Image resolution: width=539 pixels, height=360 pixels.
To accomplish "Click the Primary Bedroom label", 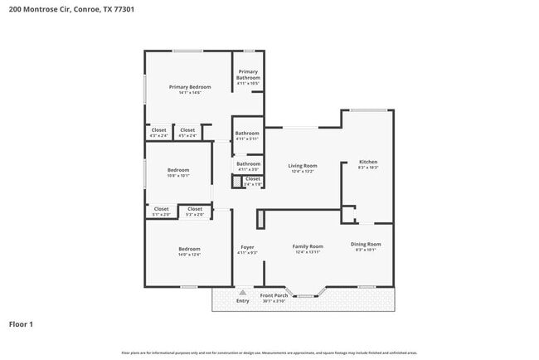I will click(190, 87).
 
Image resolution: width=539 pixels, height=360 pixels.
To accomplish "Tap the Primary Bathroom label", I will click(248, 75).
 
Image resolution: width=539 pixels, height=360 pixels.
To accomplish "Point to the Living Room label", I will click(303, 166).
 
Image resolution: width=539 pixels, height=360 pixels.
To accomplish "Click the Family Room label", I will click(307, 246).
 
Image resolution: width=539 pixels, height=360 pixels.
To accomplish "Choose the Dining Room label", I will click(366, 244).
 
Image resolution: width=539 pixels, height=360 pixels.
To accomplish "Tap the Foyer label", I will click(247, 247).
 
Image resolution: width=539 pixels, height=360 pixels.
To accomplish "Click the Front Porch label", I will click(274, 295).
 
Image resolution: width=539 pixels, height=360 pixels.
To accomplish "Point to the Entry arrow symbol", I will click(242, 292).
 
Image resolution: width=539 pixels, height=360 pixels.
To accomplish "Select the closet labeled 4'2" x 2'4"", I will click(158, 130).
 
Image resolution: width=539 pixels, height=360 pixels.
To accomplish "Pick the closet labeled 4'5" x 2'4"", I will click(187, 130).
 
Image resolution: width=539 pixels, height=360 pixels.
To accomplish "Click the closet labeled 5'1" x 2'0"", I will click(161, 209).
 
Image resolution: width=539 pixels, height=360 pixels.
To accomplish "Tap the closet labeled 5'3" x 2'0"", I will click(195, 209).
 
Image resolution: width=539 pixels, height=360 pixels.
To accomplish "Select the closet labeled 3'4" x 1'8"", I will click(253, 179).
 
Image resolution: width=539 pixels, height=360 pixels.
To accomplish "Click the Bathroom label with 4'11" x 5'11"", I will click(247, 134).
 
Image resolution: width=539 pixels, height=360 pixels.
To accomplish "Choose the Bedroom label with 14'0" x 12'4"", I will click(189, 249).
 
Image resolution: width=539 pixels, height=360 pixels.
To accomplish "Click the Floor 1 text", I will click(21, 324).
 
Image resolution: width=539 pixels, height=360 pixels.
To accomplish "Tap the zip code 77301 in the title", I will click(124, 9).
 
